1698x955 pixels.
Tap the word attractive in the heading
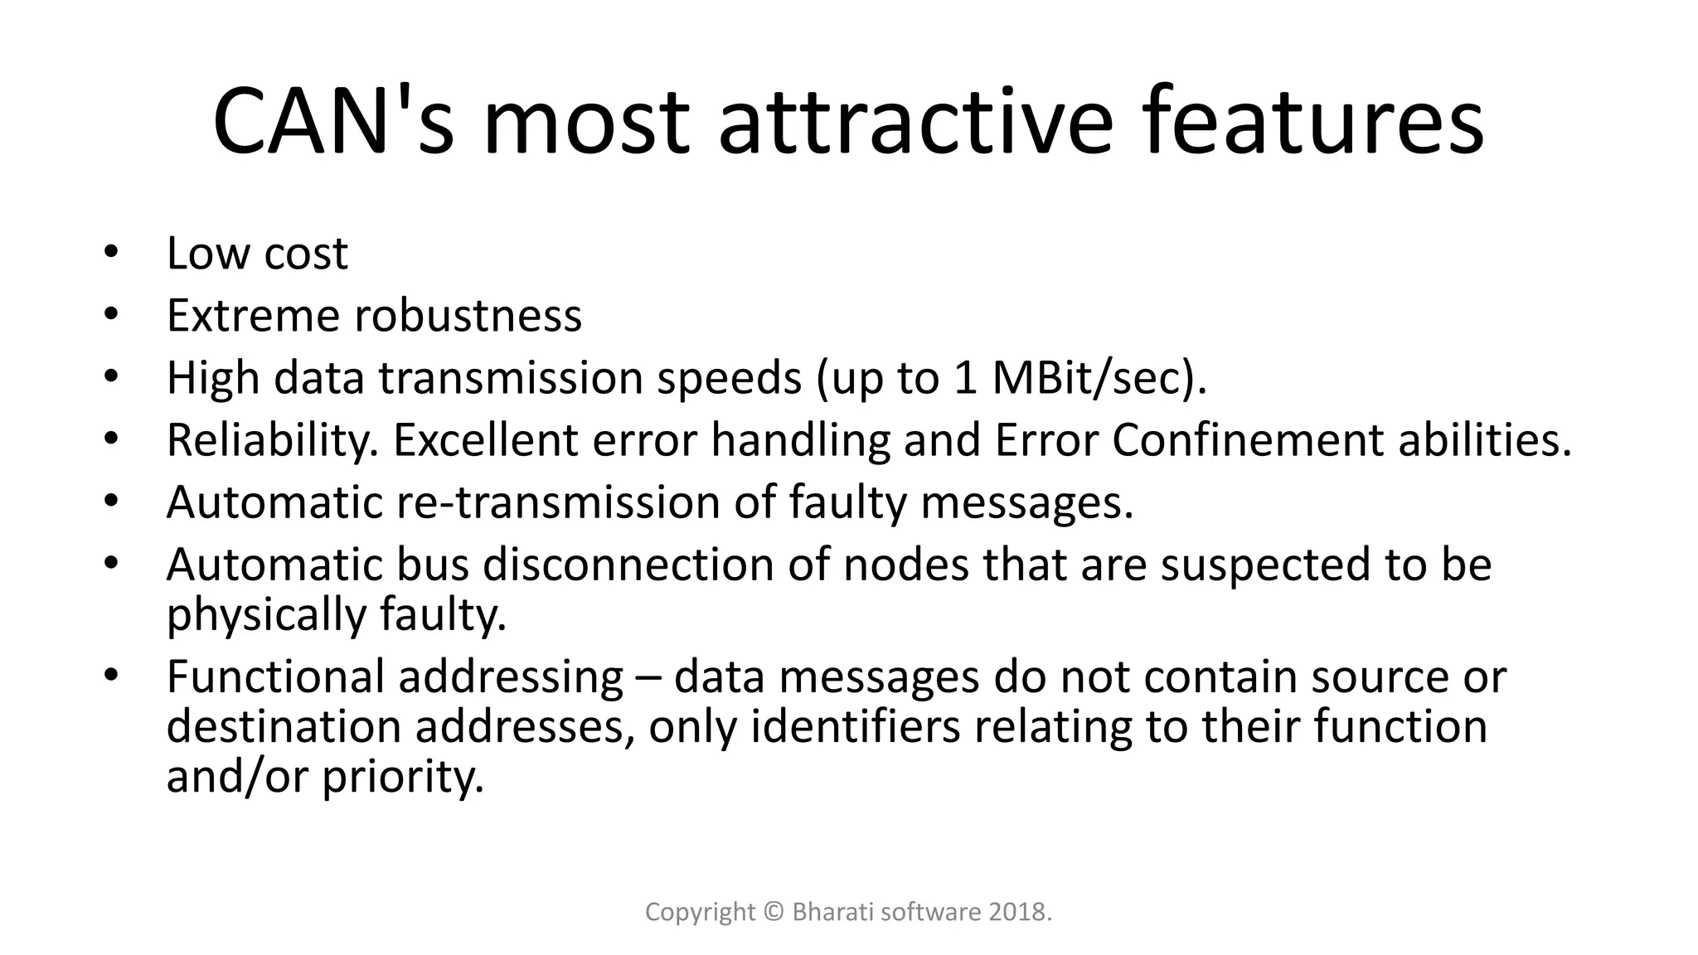pos(914,122)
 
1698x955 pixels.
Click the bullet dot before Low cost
pos(111,252)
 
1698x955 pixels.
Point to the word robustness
pos(468,316)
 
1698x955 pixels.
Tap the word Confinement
pos(1247,440)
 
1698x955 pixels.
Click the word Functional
pos(276,676)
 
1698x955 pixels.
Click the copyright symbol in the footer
pos(774,912)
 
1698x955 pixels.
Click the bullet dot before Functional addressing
pos(111,676)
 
